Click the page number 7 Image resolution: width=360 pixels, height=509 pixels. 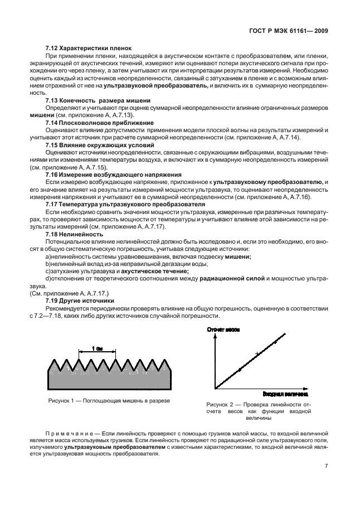[325, 468]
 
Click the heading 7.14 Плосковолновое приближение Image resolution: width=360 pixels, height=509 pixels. [99, 122]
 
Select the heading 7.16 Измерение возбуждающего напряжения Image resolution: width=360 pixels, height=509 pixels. [110, 174]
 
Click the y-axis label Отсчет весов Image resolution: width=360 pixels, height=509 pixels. [223, 329]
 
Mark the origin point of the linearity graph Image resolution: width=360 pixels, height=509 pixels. [215, 388]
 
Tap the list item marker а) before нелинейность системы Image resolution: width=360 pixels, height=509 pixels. [48, 256]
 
